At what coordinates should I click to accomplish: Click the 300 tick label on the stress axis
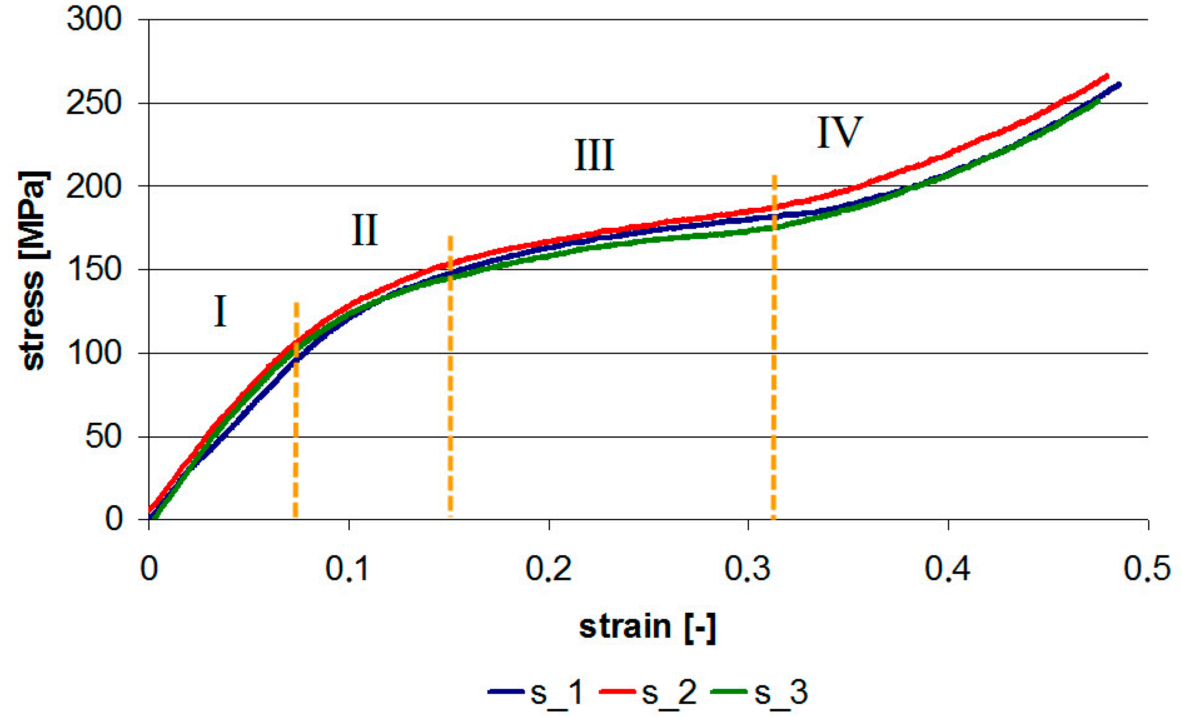coord(94,20)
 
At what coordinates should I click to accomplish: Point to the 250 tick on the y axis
coord(94,103)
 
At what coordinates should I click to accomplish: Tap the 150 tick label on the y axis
coord(94,270)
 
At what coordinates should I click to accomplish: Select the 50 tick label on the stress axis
coord(103,437)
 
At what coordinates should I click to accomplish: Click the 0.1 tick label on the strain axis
coord(347,569)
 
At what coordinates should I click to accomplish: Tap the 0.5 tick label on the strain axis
coord(1147,569)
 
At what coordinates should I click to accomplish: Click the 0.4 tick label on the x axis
coord(947,569)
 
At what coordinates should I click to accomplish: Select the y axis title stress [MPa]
coord(34,271)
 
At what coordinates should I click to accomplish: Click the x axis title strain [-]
coord(647,627)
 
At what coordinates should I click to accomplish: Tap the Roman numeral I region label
coord(219,311)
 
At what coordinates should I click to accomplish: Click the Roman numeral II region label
coord(364,230)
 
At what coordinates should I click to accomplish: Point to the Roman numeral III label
coord(594,155)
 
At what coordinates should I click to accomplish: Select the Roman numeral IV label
coord(839,133)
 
